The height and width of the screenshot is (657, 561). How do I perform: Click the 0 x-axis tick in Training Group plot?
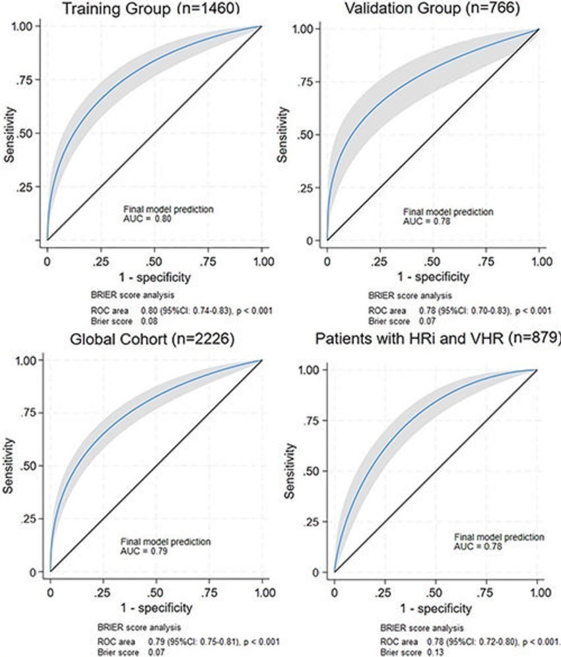click(47, 254)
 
